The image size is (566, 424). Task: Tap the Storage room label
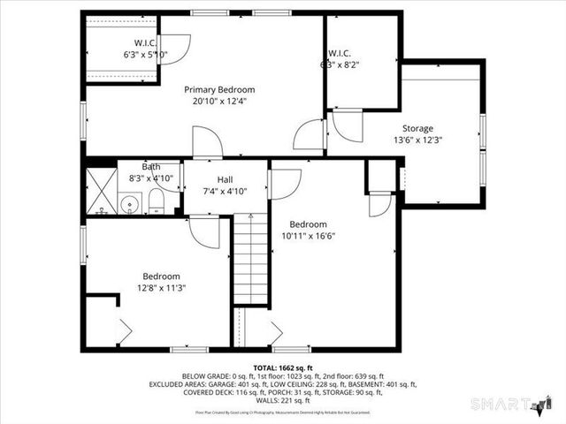417,128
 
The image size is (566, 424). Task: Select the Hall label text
225,180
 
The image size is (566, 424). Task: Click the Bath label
151,167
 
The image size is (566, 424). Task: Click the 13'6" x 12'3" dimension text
417,140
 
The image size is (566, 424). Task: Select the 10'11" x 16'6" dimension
309,236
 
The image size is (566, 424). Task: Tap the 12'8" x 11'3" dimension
161,287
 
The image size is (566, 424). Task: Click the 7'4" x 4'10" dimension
225,191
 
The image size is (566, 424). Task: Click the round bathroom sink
129,204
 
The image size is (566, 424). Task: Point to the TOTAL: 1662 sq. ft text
283,367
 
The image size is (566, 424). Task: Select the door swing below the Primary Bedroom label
208,141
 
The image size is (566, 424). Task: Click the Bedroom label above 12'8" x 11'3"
161,276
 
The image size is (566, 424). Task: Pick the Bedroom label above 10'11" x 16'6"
309,224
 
